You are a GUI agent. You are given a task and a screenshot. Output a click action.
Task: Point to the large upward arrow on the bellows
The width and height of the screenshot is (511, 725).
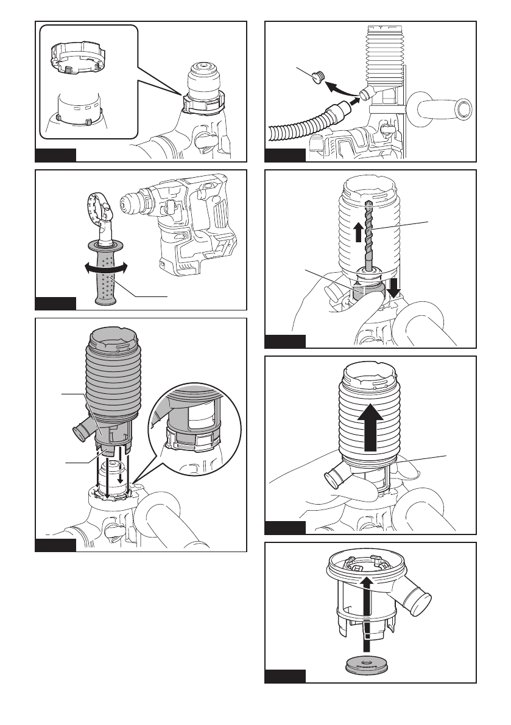pos(371,431)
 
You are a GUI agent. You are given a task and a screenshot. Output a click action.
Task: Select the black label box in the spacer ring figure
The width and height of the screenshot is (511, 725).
pos(55,155)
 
